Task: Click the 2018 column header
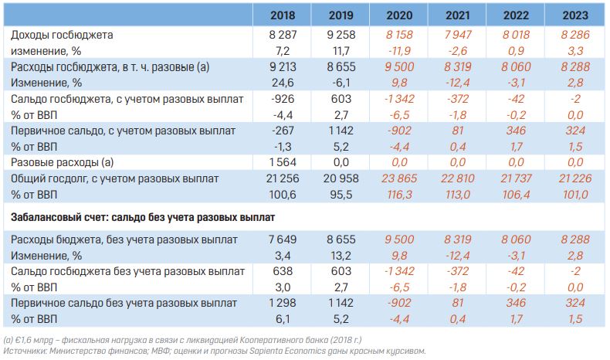[x=282, y=15]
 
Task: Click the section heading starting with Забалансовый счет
[x=144, y=216]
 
